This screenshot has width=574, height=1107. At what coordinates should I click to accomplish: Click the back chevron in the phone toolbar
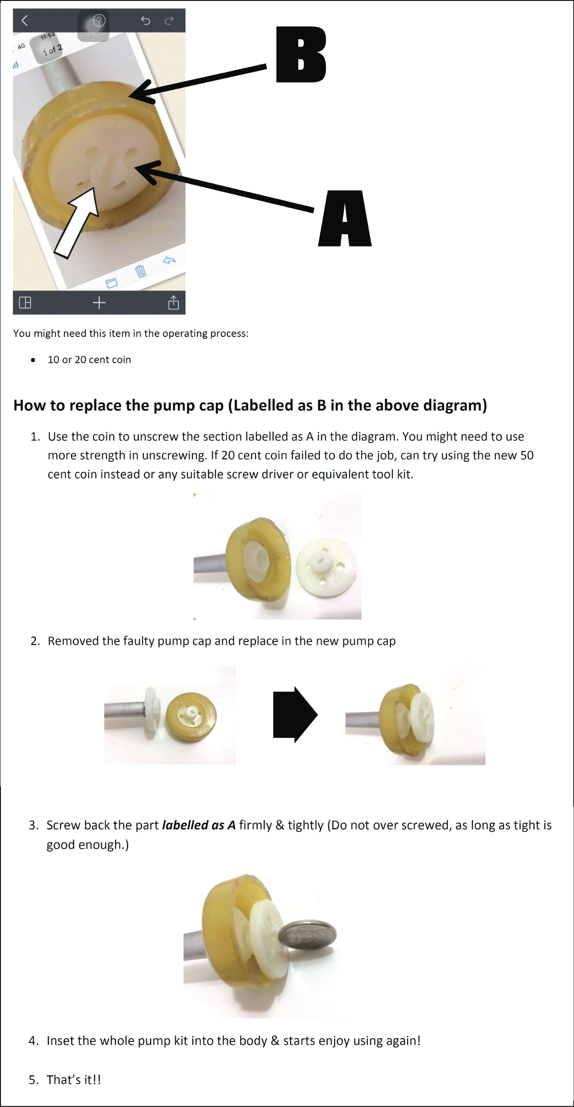pos(24,20)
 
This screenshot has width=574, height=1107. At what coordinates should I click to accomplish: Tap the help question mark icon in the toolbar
pos(99,20)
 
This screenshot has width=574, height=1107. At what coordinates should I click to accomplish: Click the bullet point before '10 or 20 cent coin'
pos(33,360)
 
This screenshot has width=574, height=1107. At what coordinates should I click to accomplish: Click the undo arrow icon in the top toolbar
pos(145,20)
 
